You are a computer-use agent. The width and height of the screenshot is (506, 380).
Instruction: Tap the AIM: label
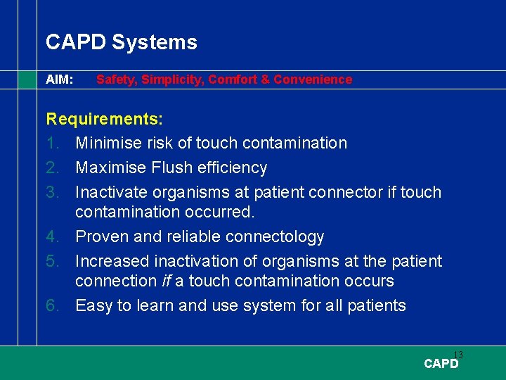coord(60,80)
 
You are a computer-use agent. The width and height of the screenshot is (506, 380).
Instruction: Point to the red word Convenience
coord(313,80)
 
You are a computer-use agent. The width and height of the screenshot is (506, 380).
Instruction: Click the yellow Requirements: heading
coord(104,119)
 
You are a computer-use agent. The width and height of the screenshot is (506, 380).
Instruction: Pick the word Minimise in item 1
coord(109,143)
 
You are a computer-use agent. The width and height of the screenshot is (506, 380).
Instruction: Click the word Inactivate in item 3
coord(112,192)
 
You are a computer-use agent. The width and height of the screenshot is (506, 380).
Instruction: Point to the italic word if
coord(167,281)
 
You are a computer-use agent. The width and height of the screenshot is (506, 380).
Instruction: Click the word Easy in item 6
coord(92,305)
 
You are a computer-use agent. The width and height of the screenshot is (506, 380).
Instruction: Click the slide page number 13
coord(458,355)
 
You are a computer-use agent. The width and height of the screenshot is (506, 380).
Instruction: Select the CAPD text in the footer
coord(441,364)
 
